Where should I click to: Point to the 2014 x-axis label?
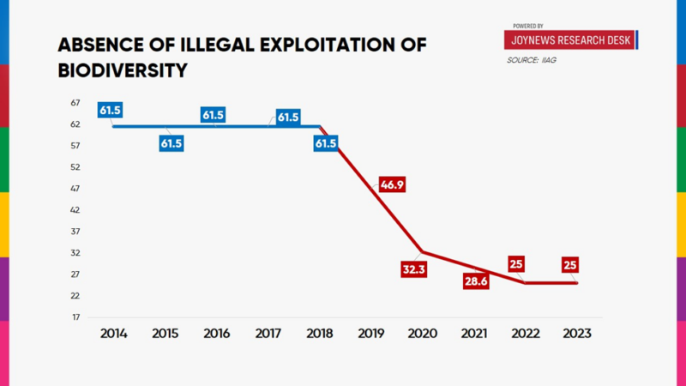point(113,333)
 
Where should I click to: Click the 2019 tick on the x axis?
point(370,333)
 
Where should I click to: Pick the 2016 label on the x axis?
point(216,333)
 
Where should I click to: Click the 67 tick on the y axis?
point(75,103)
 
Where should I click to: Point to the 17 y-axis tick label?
point(75,317)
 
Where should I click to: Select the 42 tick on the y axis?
point(75,210)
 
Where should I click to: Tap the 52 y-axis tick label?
point(75,167)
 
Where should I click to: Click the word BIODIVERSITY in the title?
point(122,70)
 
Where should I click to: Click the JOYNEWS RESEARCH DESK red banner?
point(570,39)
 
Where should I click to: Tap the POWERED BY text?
point(528,26)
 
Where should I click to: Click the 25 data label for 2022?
point(517,264)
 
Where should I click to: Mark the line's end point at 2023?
point(577,283)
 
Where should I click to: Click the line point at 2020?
point(422,252)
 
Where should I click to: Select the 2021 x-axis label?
point(473,333)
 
